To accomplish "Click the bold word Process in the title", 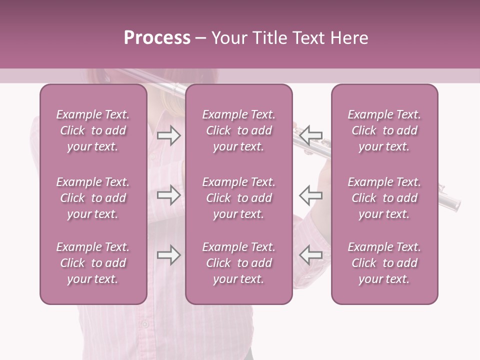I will click(x=157, y=37).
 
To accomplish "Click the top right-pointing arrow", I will click(x=168, y=135).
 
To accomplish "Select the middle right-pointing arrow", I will click(x=168, y=195).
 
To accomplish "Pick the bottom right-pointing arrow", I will click(x=168, y=255).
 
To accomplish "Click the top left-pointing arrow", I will click(x=311, y=135).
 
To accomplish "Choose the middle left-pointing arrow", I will click(x=311, y=195).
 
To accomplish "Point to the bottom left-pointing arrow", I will click(x=311, y=255).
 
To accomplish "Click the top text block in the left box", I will click(x=93, y=130).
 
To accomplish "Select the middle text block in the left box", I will click(x=93, y=198).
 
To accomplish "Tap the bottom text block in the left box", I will click(x=93, y=263).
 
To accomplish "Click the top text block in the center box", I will click(x=239, y=130).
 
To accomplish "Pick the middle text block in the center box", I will click(x=239, y=198).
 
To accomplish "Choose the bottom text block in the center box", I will click(x=239, y=263).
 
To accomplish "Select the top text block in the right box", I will click(x=384, y=130).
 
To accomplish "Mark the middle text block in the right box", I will click(x=384, y=198).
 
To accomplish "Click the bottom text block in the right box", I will click(x=384, y=263).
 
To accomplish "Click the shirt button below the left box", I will click(x=145, y=324).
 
